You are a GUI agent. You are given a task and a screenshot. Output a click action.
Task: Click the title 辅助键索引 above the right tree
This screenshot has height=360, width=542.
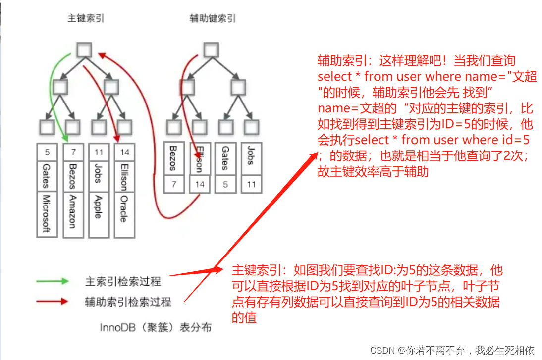(213, 18)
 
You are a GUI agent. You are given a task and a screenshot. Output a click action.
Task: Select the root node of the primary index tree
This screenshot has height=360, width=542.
(85, 50)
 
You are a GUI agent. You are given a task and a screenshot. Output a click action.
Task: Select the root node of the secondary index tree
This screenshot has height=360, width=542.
(211, 50)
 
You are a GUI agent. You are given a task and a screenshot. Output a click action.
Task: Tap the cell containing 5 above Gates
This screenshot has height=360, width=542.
(47, 153)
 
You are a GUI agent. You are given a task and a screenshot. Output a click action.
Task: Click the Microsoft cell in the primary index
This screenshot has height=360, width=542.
(47, 214)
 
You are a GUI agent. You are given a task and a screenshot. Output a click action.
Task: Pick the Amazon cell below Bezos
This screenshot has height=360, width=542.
(73, 210)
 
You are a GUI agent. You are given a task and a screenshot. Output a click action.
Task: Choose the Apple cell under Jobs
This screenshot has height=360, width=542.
(98, 206)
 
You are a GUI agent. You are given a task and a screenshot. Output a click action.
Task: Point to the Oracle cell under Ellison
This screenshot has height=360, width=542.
(124, 208)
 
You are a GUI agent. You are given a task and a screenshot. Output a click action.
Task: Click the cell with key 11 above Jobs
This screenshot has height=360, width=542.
(98, 153)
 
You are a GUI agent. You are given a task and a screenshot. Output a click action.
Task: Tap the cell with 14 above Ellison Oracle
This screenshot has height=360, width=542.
(124, 153)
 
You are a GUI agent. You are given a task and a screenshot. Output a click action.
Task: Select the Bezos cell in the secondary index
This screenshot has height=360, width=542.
(173, 158)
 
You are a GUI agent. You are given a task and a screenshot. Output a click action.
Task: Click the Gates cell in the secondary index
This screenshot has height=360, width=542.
(225, 158)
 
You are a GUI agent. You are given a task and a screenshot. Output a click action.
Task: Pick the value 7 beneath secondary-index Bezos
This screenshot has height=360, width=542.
(173, 184)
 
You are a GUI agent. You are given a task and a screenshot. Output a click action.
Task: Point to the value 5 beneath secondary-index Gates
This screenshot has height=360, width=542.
(225, 184)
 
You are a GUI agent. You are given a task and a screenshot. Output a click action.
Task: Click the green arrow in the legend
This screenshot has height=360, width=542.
(53, 281)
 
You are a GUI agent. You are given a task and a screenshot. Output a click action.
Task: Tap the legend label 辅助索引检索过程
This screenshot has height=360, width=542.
(128, 302)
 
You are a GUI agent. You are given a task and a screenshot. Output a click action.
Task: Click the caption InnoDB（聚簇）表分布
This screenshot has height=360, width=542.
(156, 328)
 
